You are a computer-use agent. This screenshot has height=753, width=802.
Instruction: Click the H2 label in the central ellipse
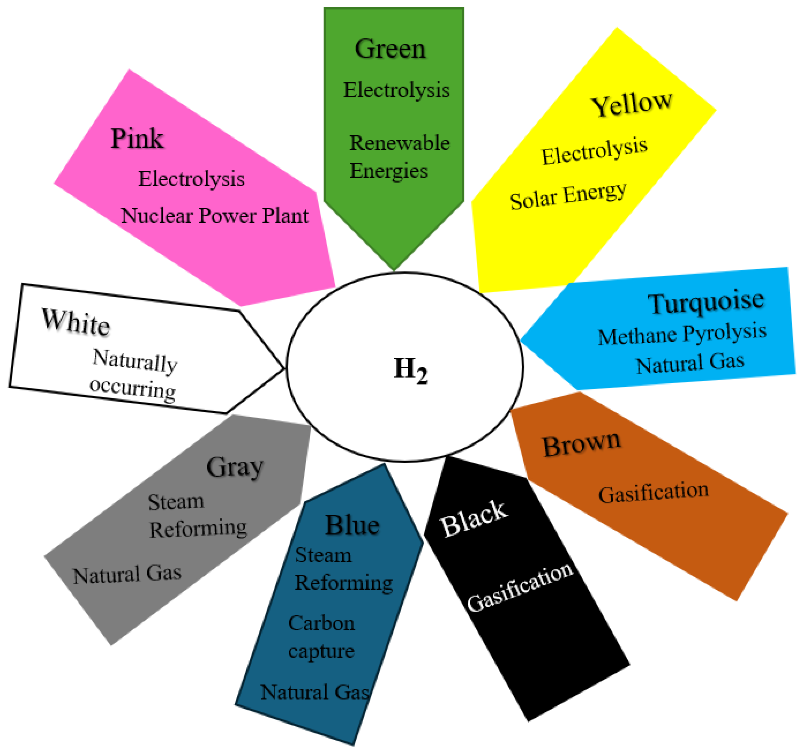pos(410,370)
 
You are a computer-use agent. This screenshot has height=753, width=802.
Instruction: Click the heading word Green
pos(390,49)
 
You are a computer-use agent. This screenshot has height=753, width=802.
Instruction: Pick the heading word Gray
pos(235,467)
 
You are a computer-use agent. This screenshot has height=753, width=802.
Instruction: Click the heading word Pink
pos(137,138)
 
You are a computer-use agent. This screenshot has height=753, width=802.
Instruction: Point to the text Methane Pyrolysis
pos(682,335)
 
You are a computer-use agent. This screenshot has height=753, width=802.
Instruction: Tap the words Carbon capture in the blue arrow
pos(322,637)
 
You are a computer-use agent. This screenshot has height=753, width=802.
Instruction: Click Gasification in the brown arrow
pos(653,492)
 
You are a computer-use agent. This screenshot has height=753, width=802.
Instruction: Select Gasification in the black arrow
pos(520,587)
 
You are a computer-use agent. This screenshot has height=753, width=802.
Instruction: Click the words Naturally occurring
pos(134,374)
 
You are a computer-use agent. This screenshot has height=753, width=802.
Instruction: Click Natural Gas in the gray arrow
pos(127,574)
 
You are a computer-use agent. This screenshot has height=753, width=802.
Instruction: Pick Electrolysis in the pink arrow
pos(191,179)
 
